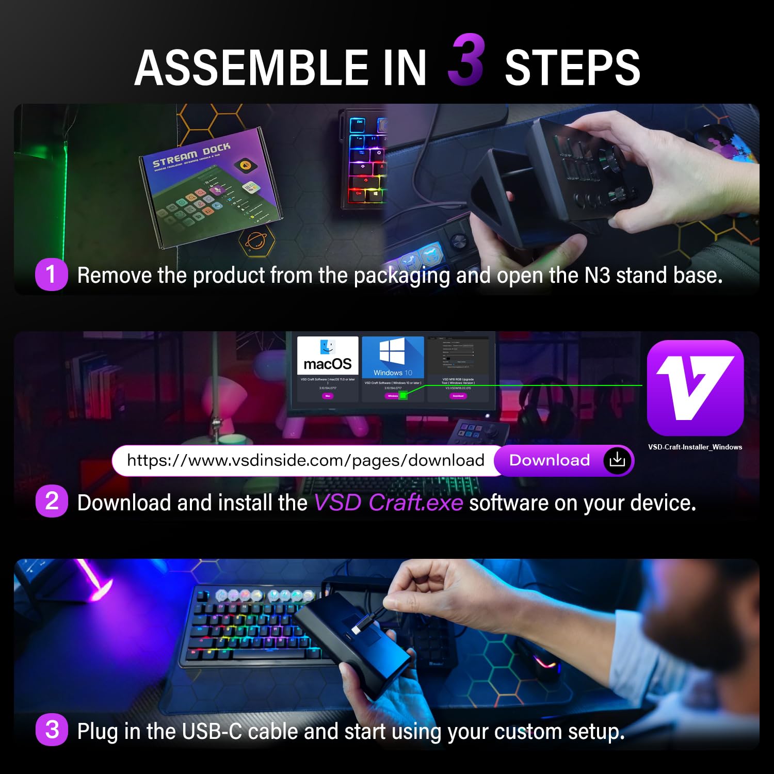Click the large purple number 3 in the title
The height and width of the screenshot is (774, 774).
(x=466, y=60)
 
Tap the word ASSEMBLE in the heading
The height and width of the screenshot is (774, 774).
(x=251, y=68)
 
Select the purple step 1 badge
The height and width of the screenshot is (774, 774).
(x=51, y=275)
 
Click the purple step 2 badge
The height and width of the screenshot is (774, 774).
(x=52, y=501)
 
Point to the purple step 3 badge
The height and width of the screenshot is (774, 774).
(x=52, y=730)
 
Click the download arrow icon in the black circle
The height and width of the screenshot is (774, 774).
(x=617, y=460)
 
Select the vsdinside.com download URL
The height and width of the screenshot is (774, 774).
(x=305, y=460)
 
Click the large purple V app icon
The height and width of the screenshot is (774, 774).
(x=695, y=388)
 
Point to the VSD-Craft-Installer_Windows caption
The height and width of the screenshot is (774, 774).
(x=695, y=447)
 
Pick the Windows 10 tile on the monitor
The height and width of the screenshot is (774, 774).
(x=393, y=357)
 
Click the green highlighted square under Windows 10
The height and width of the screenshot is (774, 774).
(x=404, y=395)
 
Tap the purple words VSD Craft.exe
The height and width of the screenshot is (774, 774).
(x=389, y=503)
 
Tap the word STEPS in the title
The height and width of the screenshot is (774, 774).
(x=572, y=68)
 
